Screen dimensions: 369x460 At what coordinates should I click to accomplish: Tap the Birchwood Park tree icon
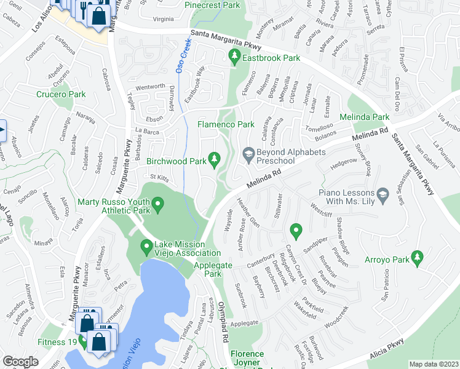[x=214, y=161]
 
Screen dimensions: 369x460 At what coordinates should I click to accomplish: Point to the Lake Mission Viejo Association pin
[x=146, y=248]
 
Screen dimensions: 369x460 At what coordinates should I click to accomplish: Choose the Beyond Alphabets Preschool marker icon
[x=248, y=156]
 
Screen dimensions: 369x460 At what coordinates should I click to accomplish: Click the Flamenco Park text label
[x=226, y=124]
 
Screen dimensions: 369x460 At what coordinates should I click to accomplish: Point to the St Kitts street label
[x=159, y=177]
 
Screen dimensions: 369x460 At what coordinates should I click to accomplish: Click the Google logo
[x=20, y=362]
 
